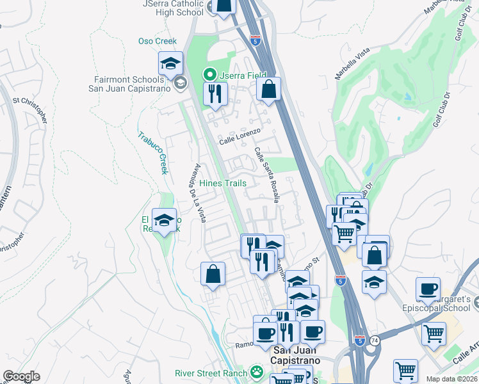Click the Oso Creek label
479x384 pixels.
pos(157,42)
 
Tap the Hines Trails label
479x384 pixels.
pos(222,183)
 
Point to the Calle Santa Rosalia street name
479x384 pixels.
pos(267,175)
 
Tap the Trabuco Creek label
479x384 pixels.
pos(153,153)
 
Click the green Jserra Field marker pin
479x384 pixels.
pos(209,75)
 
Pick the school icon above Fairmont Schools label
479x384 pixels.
pos(170,63)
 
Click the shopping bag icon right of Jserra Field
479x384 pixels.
pos(269,89)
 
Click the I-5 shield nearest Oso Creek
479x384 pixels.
pos(256,41)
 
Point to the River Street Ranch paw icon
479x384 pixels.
pos(257,372)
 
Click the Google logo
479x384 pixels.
pos(21,376)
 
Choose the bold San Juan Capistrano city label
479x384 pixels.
pos(304,355)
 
